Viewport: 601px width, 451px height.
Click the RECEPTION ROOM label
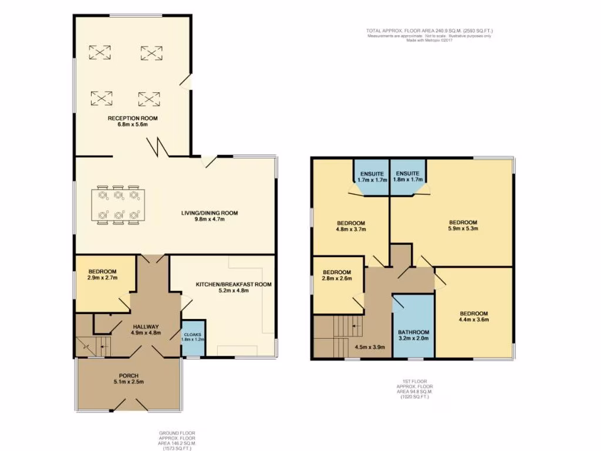tap(133, 118)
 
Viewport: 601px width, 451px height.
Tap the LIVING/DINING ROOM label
tap(209, 213)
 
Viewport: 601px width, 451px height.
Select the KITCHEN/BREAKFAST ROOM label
tap(234, 284)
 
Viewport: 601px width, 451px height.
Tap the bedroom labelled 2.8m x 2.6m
tap(337, 276)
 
